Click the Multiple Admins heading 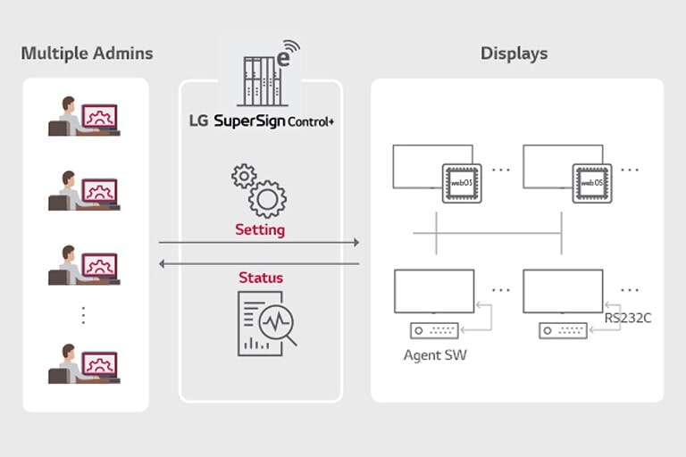coord(87,54)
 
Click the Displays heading coord(514,54)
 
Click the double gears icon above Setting coord(259,189)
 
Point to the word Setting coord(260,229)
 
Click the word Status coord(260,278)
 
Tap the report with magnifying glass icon coord(267,320)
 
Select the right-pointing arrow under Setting coord(259,242)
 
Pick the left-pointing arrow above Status coord(259,263)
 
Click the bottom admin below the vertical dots coord(84,363)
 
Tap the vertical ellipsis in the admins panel coord(83,315)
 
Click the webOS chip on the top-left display coord(462,182)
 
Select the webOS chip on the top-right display coord(590,182)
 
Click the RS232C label coord(627,317)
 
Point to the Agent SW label coord(435,354)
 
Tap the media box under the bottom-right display coord(562,330)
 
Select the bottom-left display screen coord(433,290)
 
